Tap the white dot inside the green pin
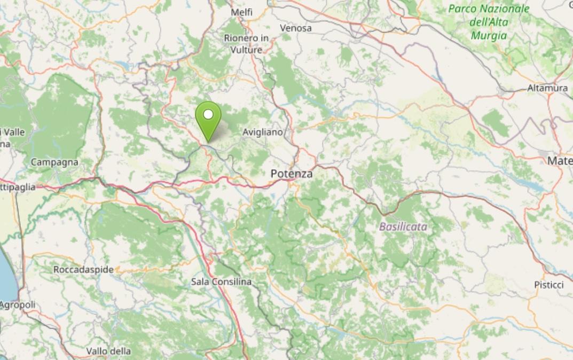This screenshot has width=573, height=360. coord(208,114)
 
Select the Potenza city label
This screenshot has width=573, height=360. coord(292,174)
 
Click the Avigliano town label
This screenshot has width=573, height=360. coord(262,132)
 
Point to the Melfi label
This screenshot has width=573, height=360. coord(242,12)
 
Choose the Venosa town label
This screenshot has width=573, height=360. coord(296,28)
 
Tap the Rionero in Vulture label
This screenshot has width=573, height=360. coord(246,44)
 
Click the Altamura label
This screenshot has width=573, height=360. coord(547,88)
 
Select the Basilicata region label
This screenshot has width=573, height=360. coord(403,226)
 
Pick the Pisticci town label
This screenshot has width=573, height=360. coord(548,285)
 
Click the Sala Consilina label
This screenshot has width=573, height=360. coord(221,281)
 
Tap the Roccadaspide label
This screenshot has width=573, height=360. coord(84,270)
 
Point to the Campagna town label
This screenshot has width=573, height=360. coord(54,162)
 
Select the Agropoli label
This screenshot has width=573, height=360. coord(18,305)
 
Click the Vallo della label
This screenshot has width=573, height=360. coord(108,351)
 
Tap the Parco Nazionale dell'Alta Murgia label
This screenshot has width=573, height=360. coord(489,22)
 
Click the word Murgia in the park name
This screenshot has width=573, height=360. coord(489,36)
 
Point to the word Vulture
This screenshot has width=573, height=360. coord(246,50)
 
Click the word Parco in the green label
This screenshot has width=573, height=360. coord(462,9)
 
